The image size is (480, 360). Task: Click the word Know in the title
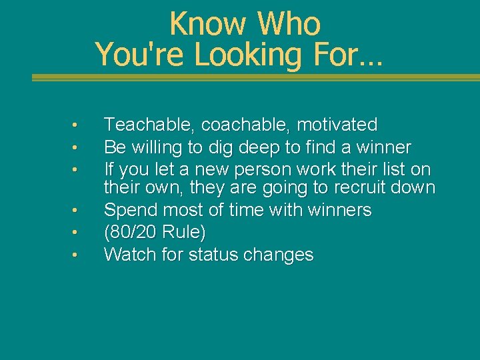tap(208, 25)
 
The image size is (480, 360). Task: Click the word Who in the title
tap(289, 25)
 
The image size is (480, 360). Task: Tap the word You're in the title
tap(141, 55)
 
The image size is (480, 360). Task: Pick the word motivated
tap(337, 125)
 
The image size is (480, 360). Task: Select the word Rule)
tap(186, 233)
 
